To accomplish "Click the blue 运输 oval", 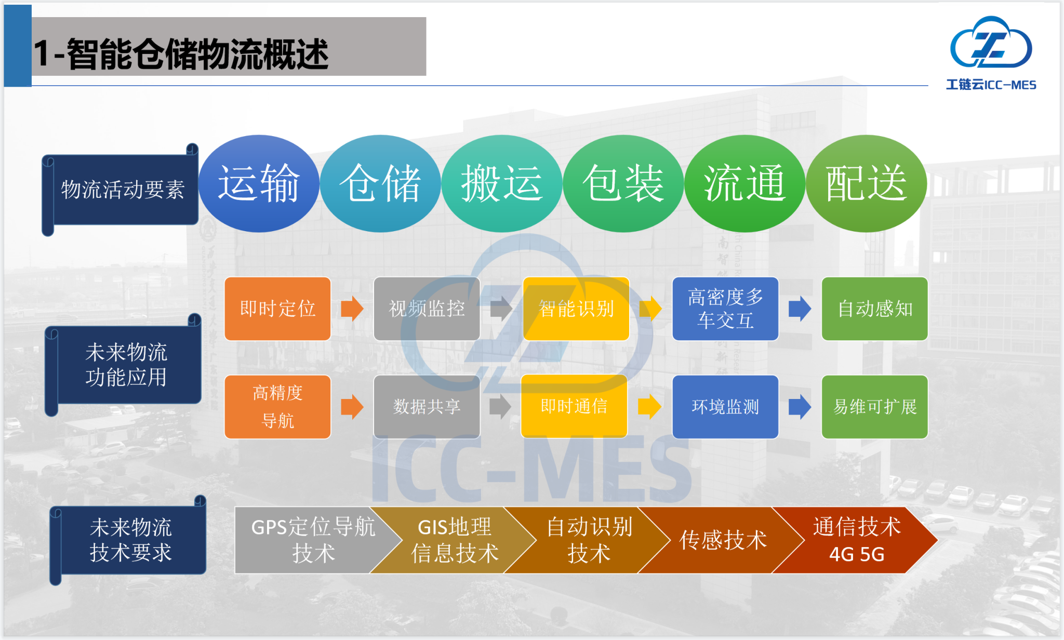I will click(259, 183).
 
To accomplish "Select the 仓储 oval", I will click(380, 183).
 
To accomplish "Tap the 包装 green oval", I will click(623, 183).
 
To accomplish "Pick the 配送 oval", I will click(866, 183).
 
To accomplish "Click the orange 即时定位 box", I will click(277, 309).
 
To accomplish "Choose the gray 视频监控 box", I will click(427, 309).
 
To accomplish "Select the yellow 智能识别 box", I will click(576, 309).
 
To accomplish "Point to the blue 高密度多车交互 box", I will click(725, 309).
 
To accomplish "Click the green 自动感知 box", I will click(874, 309).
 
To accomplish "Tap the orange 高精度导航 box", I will click(277, 407).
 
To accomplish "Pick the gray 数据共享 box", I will click(427, 407).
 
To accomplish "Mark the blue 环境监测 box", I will click(725, 407).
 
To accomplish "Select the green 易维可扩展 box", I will click(874, 407).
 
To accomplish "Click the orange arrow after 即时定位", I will click(352, 309).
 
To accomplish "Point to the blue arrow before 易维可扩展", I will click(800, 407).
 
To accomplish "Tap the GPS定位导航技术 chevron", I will click(309, 540).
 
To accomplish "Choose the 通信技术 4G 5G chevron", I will click(857, 540).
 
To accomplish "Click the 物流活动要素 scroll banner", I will click(122, 190).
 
